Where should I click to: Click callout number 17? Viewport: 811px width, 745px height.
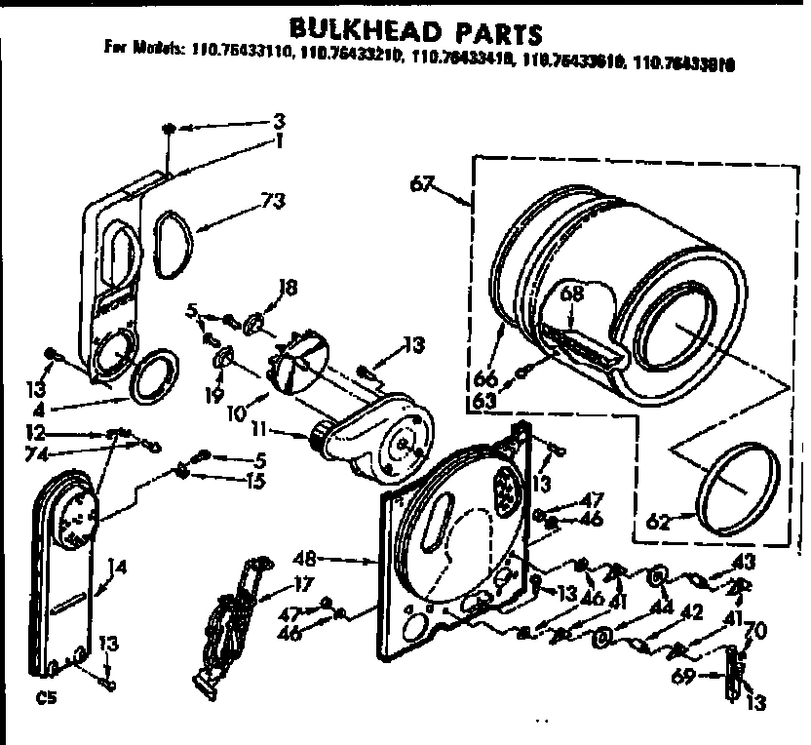tap(303, 585)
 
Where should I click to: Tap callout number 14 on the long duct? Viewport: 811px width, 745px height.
tap(118, 566)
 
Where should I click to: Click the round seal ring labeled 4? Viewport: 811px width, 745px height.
tap(150, 376)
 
